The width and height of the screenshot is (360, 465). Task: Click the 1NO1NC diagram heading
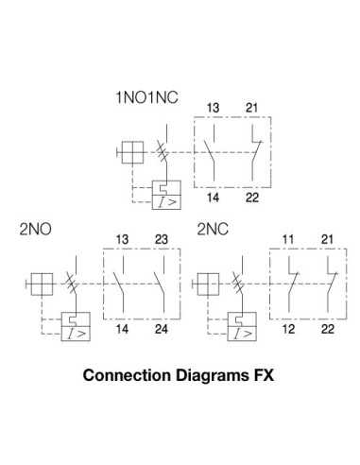tap(146, 96)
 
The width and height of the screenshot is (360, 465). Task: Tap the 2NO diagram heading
tap(36, 230)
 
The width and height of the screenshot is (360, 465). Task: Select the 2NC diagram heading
tap(214, 230)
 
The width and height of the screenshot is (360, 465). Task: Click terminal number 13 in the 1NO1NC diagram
tap(213, 108)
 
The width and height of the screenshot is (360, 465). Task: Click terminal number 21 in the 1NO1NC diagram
tap(252, 108)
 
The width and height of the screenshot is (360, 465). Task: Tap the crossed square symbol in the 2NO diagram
tap(39, 284)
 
